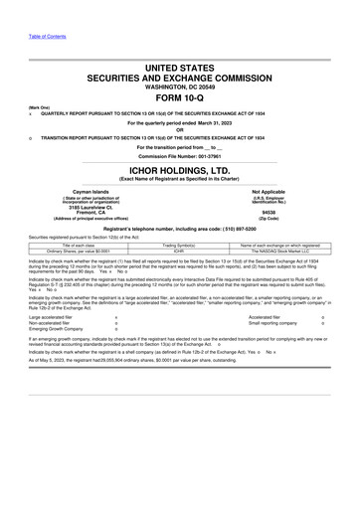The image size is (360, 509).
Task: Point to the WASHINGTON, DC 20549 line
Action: click(179, 85)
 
